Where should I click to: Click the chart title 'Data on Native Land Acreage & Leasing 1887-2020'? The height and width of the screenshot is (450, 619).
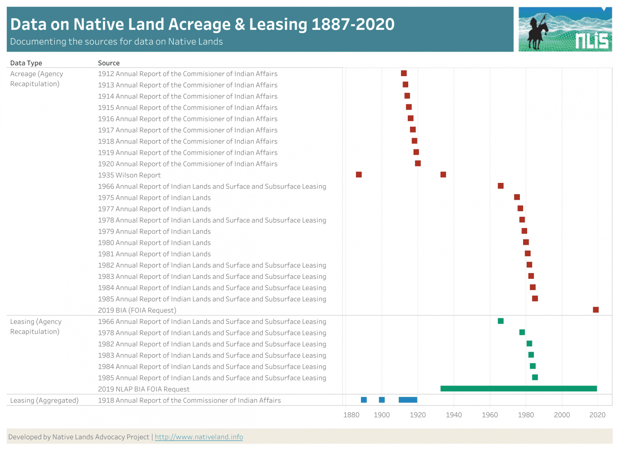click(202, 24)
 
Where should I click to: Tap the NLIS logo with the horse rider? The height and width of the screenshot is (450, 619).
click(565, 29)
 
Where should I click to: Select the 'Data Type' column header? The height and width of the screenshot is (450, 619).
click(26, 63)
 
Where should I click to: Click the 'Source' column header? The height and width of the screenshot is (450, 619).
click(109, 63)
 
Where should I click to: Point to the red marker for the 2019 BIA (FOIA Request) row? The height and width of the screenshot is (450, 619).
click(596, 310)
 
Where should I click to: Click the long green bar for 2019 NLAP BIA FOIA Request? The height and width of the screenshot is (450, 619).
click(518, 389)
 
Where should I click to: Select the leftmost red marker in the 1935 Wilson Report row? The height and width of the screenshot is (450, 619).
click(359, 174)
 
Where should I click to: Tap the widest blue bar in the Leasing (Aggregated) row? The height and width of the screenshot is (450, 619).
click(408, 400)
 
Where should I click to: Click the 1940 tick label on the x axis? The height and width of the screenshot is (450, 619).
click(454, 415)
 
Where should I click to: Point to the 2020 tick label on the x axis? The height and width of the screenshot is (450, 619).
click(597, 415)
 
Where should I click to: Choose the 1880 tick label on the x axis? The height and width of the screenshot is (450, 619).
click(351, 415)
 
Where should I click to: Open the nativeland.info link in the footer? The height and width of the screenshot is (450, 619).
click(199, 437)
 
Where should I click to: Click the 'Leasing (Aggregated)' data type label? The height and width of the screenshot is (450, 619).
click(44, 400)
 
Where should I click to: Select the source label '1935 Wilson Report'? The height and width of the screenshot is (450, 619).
click(129, 175)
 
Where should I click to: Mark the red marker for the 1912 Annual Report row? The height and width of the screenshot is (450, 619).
click(404, 73)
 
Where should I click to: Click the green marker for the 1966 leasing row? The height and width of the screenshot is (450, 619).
click(501, 321)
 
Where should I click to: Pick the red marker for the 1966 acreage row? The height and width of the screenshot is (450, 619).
click(501, 186)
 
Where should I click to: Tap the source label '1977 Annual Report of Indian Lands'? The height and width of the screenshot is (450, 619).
click(154, 209)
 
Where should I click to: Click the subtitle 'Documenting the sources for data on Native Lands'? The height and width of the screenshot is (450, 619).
click(116, 41)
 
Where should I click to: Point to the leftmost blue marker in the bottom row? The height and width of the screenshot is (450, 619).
click(364, 400)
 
